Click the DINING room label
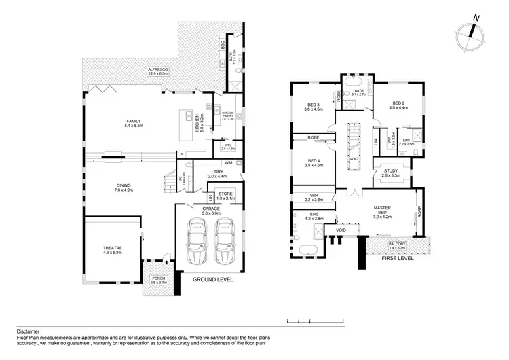(x=123, y=185)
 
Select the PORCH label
(x=158, y=278)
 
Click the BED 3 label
(x=313, y=104)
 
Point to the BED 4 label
(x=313, y=160)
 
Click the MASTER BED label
(x=388, y=209)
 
